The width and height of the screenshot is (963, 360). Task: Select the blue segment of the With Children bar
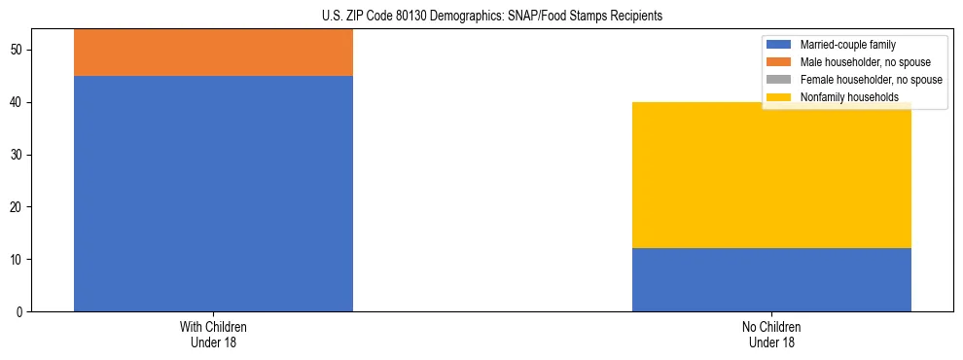tap(213, 193)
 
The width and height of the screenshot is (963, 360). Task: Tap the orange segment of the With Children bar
tap(213, 53)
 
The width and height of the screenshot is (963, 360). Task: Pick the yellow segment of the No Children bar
tap(771, 175)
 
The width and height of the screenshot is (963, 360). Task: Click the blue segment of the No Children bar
tap(771, 279)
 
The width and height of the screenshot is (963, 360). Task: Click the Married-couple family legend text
tap(847, 45)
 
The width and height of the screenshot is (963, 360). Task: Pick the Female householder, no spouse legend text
tap(871, 80)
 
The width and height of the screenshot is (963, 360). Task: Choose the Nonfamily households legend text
tap(849, 97)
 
